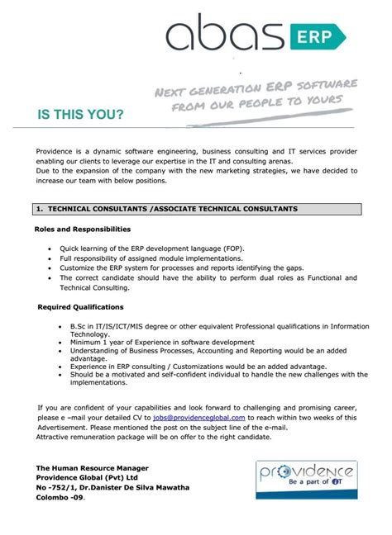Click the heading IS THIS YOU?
80,114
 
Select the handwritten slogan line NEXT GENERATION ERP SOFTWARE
256,88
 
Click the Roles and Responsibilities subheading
82,229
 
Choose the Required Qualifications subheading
81,307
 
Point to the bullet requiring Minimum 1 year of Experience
162,342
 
